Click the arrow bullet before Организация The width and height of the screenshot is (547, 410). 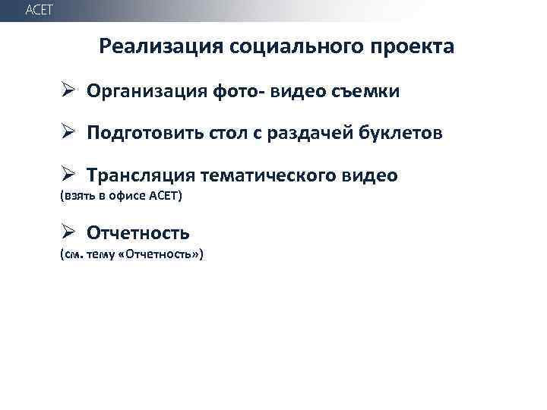(x=68, y=92)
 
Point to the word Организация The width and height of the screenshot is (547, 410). (x=143, y=93)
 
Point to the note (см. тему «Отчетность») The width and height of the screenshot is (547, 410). (x=131, y=254)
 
